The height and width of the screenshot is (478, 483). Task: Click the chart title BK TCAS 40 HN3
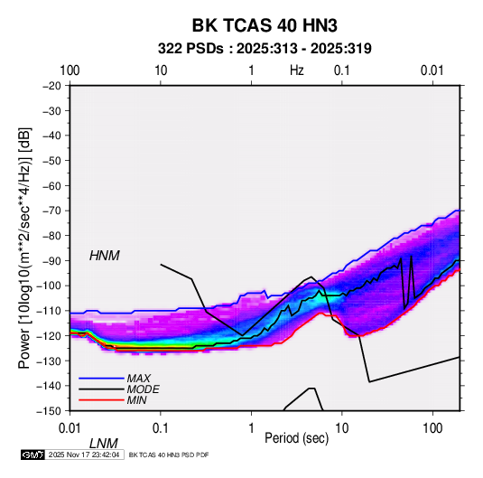[265, 25]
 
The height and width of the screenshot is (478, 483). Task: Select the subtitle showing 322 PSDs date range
[265, 49]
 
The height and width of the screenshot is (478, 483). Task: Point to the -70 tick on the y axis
[51, 211]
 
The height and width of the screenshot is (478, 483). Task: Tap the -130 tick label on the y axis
[50, 361]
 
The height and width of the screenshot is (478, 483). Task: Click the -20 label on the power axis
[51, 86]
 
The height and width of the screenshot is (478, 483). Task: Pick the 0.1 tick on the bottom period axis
[161, 428]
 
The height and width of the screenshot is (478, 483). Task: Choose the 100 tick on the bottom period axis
[432, 428]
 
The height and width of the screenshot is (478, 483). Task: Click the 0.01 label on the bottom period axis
[70, 428]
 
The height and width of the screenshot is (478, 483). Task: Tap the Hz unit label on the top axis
[297, 70]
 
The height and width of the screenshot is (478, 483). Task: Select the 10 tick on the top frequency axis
[161, 70]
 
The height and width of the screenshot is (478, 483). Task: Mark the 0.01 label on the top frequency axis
[432, 70]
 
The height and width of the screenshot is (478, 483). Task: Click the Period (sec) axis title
[297, 438]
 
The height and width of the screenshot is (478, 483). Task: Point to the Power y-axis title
[24, 248]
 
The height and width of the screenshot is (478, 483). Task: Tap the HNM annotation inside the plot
[105, 256]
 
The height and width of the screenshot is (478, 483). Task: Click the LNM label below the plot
[104, 444]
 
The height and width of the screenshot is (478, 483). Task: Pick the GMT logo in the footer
[33, 455]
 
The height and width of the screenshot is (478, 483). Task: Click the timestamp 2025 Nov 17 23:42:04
[84, 455]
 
